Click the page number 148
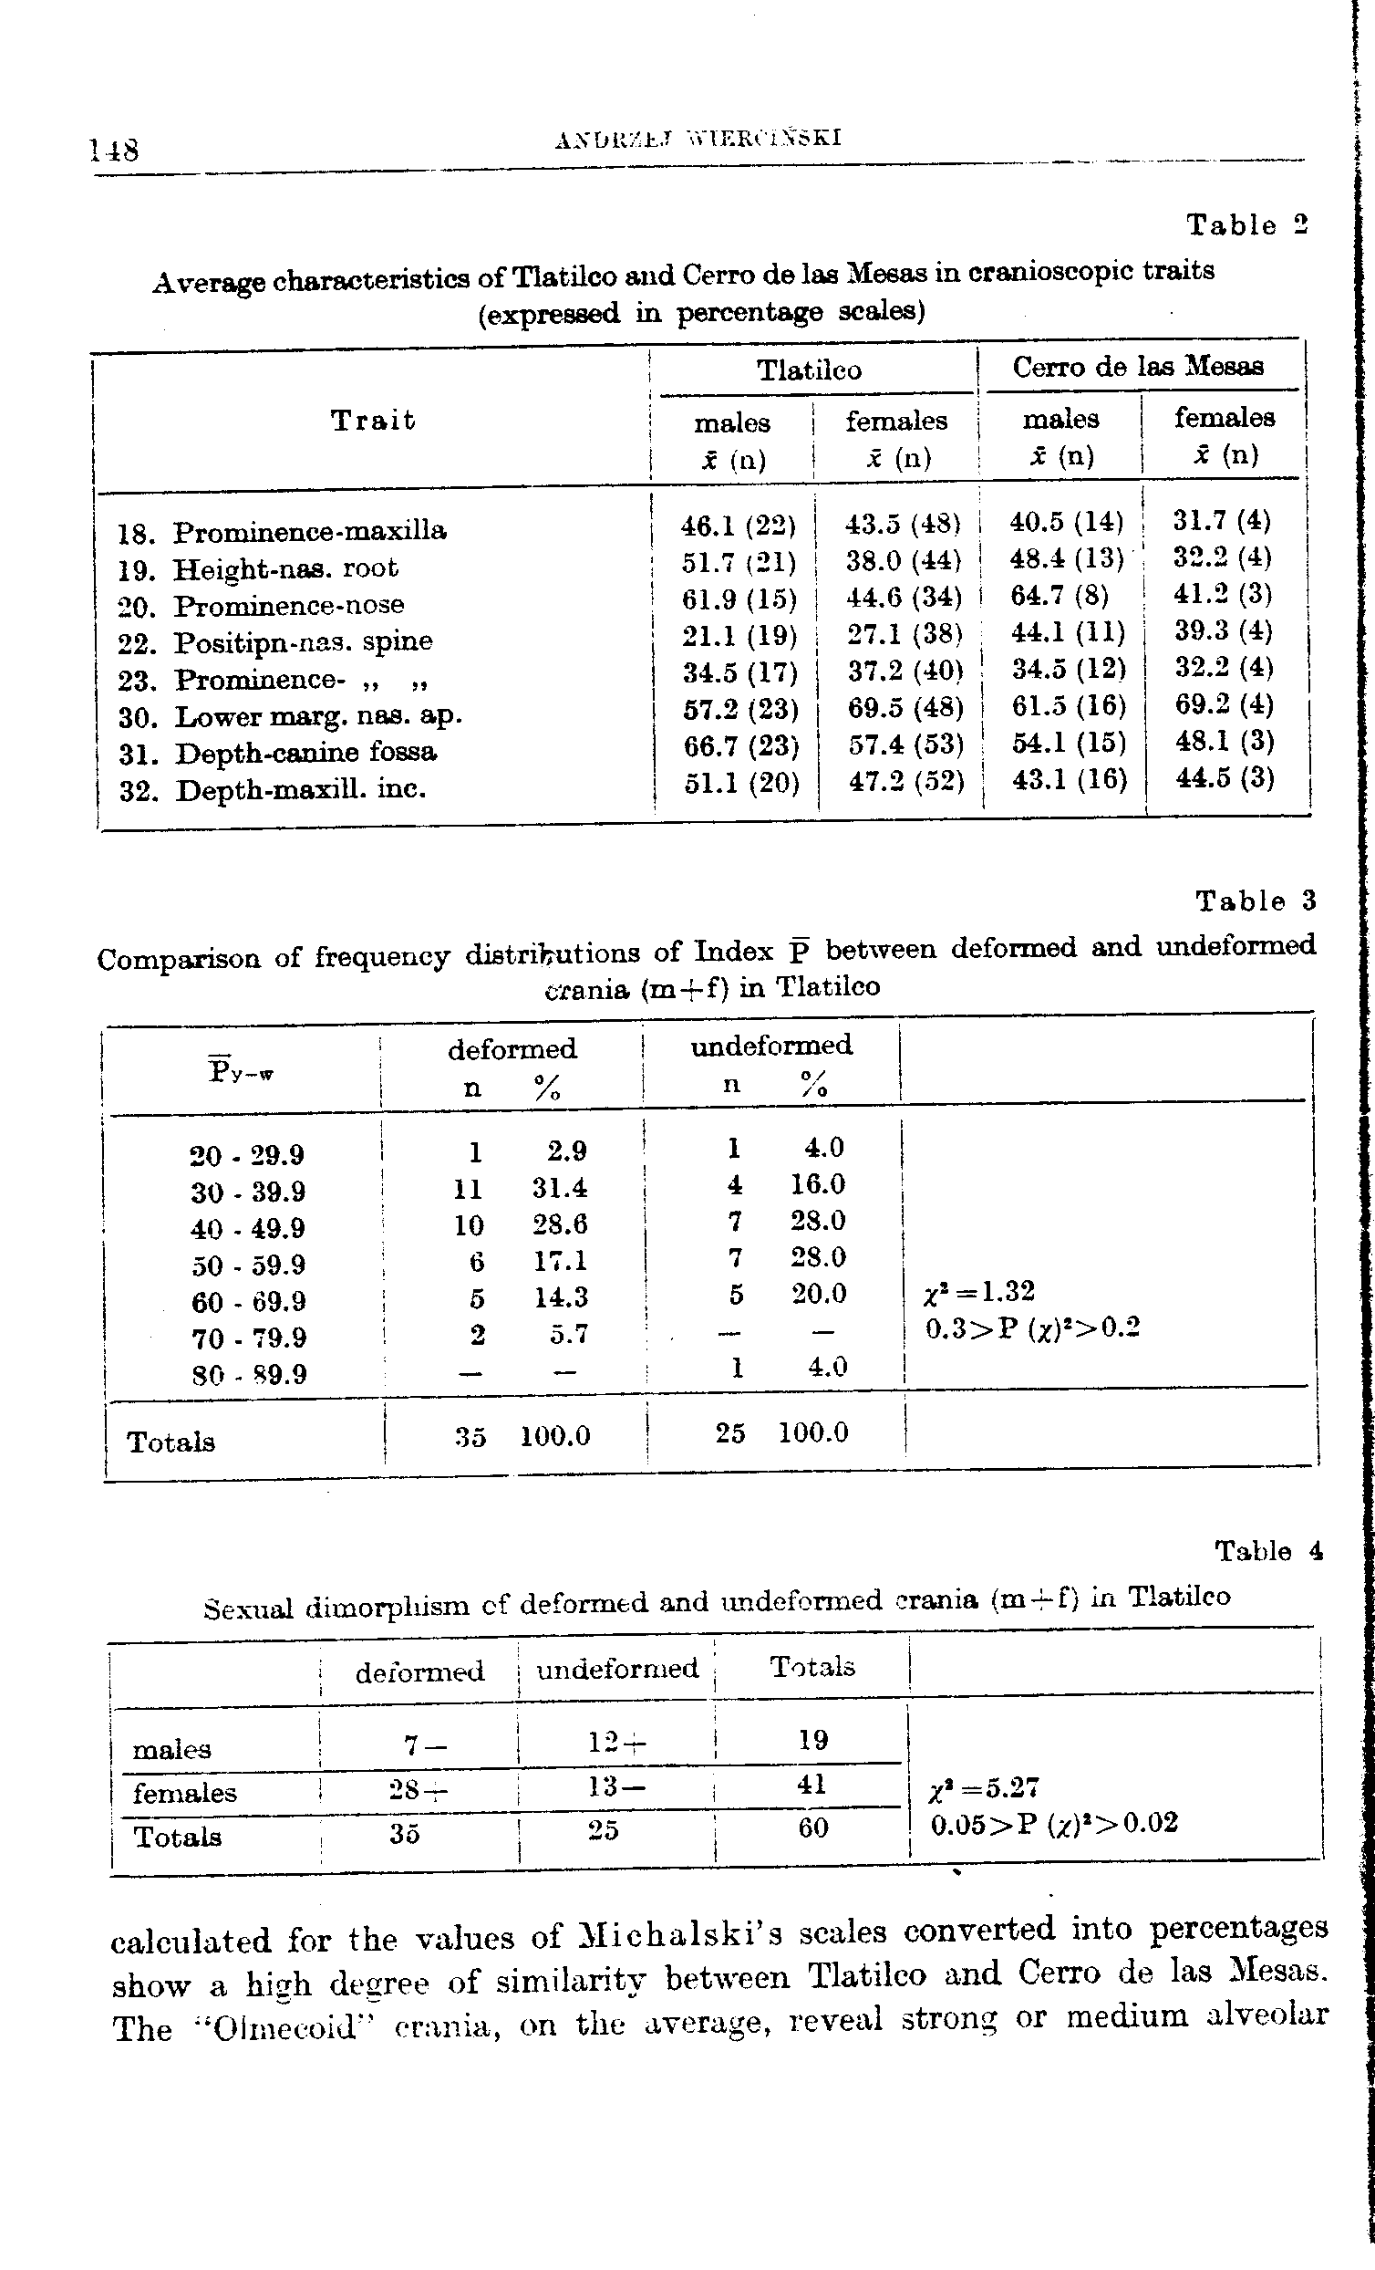pos(115,149)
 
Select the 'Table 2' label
pos(1247,224)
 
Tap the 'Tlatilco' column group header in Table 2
pos(809,370)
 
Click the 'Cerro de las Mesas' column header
pos(1137,367)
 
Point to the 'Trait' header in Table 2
pos(373,421)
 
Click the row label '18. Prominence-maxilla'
pos(283,532)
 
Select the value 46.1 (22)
pos(738,526)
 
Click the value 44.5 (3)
pos(1224,778)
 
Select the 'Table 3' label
pos(1256,901)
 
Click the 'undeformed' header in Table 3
pos(770,1045)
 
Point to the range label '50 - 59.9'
pos(249,1265)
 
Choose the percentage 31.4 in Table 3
pos(559,1188)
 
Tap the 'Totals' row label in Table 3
pos(171,1441)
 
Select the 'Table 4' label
pos(1268,1551)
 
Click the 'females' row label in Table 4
pos(184,1793)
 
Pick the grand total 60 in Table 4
pos(812,1827)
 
